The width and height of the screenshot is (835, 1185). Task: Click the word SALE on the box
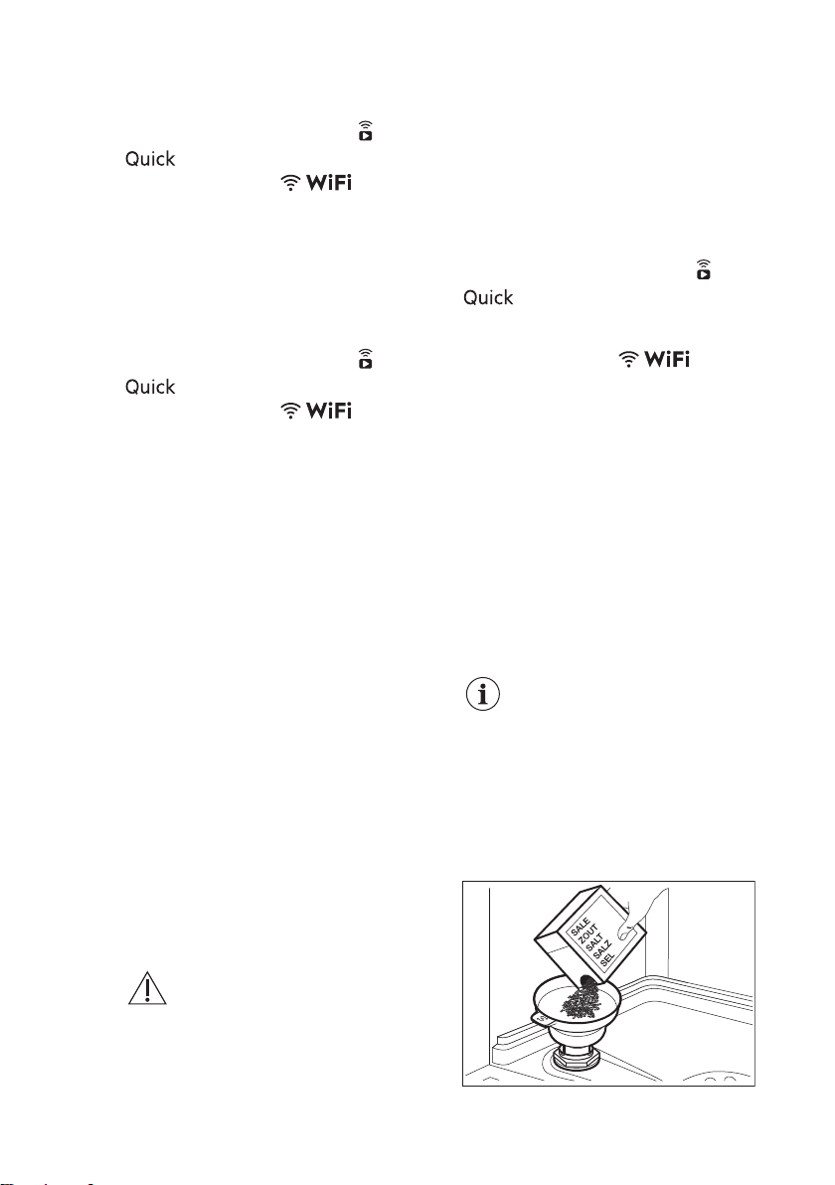point(580,928)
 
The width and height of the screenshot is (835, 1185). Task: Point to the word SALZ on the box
point(602,953)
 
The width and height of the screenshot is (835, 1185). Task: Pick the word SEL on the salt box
point(607,962)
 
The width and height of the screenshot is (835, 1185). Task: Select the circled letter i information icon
point(483,695)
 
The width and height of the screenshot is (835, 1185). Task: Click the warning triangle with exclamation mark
point(146,988)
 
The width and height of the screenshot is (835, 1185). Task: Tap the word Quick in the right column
point(488,298)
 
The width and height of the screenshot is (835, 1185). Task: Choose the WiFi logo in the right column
point(654,359)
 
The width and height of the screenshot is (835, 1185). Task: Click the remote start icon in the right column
point(704,269)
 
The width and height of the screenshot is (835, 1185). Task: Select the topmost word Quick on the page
point(150,159)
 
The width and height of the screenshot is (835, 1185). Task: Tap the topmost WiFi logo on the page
point(316,182)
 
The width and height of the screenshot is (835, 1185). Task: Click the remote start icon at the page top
point(365,131)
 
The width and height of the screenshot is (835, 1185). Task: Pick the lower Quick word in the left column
point(150,387)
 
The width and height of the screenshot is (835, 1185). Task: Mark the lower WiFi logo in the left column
point(316,411)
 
